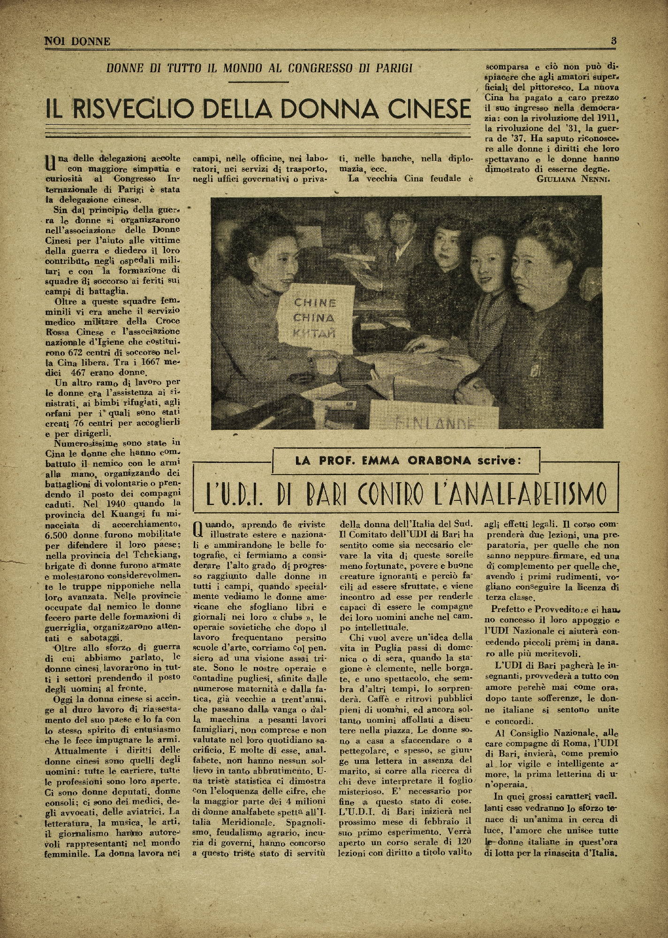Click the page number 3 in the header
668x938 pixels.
(x=614, y=40)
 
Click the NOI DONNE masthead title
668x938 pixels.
(x=77, y=41)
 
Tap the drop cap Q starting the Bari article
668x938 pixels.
(x=199, y=529)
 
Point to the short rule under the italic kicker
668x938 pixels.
(x=259, y=83)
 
